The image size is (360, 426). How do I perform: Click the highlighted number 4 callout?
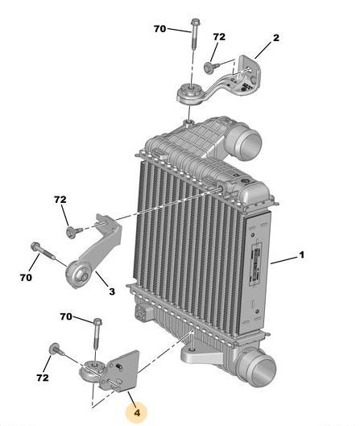tap(137, 412)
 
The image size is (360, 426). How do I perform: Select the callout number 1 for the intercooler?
tap(301, 254)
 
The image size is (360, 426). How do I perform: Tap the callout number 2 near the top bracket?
tap(275, 38)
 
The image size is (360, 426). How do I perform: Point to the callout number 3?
tap(112, 292)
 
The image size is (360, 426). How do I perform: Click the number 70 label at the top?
tap(159, 28)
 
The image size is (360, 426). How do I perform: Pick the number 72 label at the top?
tap(219, 37)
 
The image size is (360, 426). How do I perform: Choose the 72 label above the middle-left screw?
tap(60, 200)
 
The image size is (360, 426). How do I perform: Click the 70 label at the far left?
tap(26, 277)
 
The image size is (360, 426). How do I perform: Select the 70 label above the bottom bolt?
tap(66, 316)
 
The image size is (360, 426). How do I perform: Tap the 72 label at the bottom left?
tap(43, 378)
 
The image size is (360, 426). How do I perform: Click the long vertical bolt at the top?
tap(195, 35)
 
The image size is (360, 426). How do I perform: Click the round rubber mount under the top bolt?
tap(189, 93)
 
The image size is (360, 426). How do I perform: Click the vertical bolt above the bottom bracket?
tap(97, 333)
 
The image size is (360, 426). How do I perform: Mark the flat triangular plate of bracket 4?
tap(122, 370)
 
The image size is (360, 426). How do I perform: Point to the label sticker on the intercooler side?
tap(256, 263)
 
